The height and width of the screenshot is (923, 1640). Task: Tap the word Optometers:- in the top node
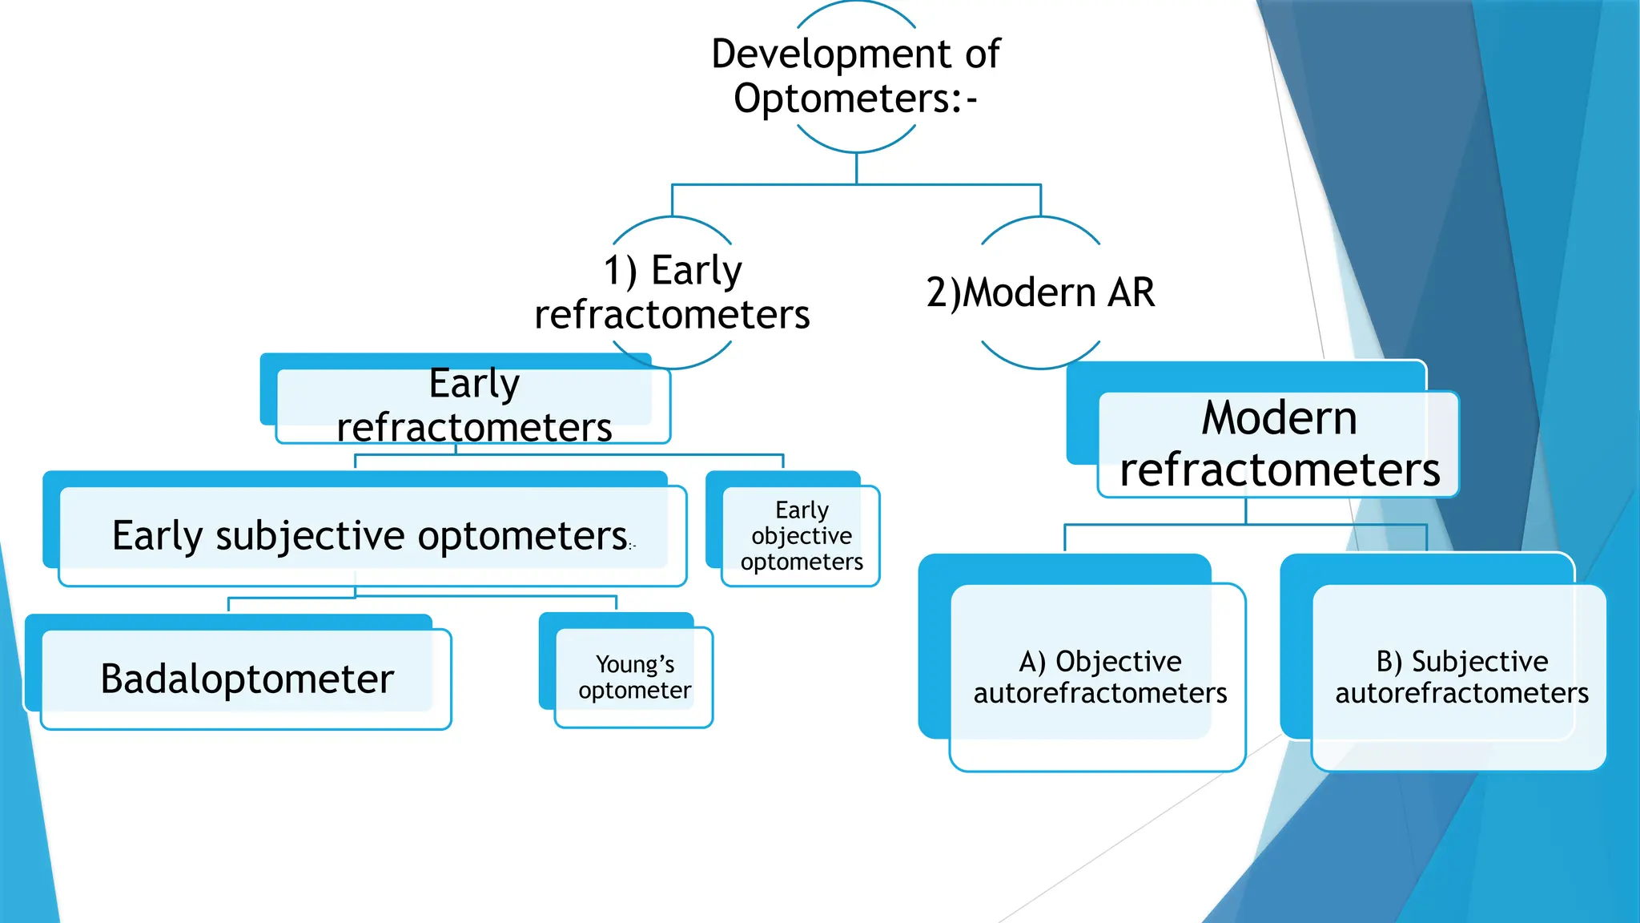pyautogui.click(x=855, y=99)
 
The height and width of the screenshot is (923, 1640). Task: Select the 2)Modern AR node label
pyautogui.click(x=1040, y=292)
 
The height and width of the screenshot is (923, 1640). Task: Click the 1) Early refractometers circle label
pyautogui.click(x=672, y=292)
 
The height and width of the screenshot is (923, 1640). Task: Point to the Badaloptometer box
pyautogui.click(x=247, y=679)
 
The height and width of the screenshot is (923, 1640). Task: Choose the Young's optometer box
pyautogui.click(x=634, y=678)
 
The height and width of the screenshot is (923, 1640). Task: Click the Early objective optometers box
pyautogui.click(x=801, y=536)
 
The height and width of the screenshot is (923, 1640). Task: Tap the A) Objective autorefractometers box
pyautogui.click(x=1099, y=677)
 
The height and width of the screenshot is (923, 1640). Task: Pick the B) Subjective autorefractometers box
pyautogui.click(x=1461, y=677)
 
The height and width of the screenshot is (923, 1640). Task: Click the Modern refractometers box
pyautogui.click(x=1279, y=444)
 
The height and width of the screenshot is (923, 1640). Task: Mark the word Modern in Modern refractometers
pyautogui.click(x=1279, y=418)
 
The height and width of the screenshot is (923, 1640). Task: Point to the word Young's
pyautogui.click(x=634, y=664)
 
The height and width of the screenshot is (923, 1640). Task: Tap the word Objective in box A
pyautogui.click(x=1118, y=662)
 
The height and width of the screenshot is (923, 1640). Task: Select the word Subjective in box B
pyautogui.click(x=1479, y=662)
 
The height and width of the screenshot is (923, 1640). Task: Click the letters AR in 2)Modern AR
pyautogui.click(x=1131, y=292)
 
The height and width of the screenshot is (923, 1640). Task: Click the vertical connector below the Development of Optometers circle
pyautogui.click(x=856, y=168)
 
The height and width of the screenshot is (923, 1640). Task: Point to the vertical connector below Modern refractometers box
pyautogui.click(x=1246, y=510)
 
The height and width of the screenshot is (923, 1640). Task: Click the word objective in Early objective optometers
pyautogui.click(x=801, y=536)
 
